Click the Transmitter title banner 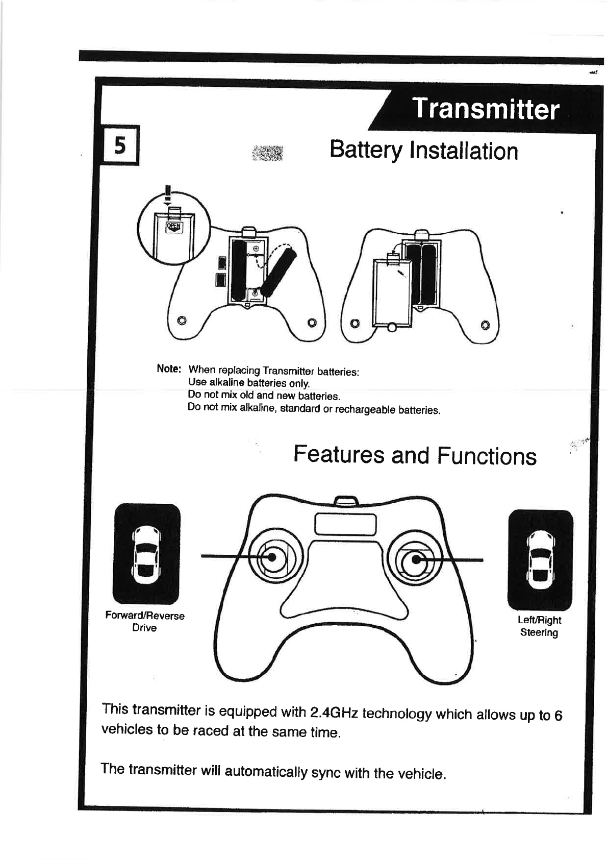[485, 109]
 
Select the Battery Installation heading [423, 151]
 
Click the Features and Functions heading [415, 455]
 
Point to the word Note [169, 369]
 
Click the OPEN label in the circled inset [174, 227]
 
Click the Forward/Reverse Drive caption [145, 622]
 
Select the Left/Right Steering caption [539, 626]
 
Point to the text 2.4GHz [334, 712]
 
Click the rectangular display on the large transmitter [346, 524]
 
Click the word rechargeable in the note [365, 409]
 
